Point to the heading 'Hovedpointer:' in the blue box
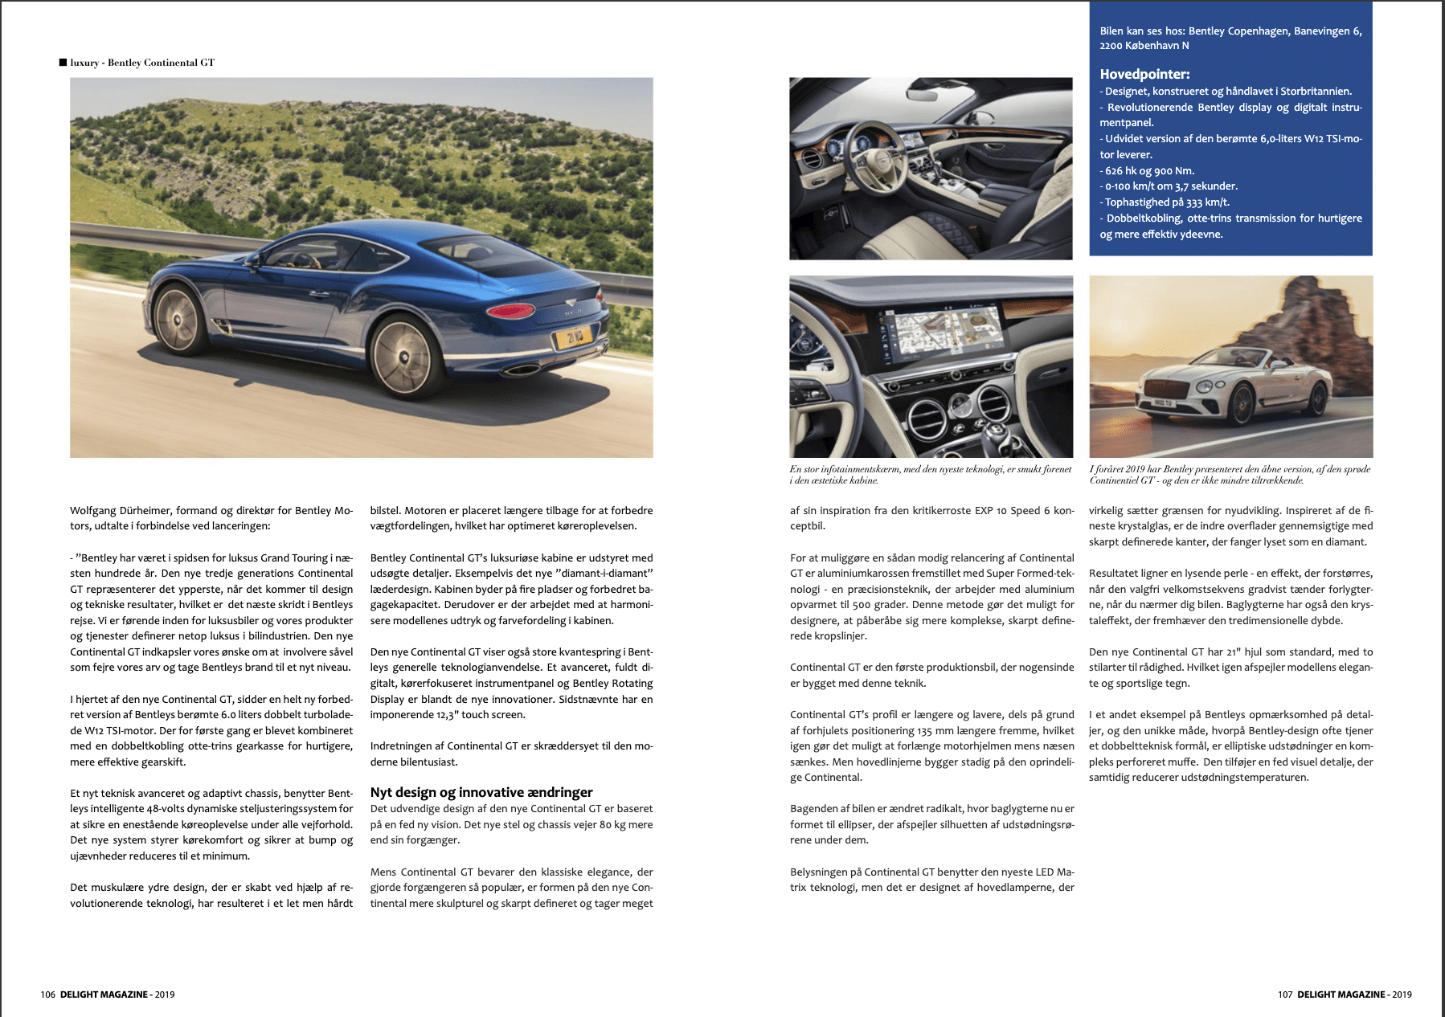pos(1144,75)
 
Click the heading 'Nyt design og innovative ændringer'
pos(481,792)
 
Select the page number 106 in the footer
pos(48,995)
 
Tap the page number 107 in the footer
pos(1285,995)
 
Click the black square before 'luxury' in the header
pos(63,63)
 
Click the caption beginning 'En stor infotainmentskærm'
pos(930,475)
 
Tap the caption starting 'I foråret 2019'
pos(1230,475)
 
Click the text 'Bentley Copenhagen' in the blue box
pos(1238,31)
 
